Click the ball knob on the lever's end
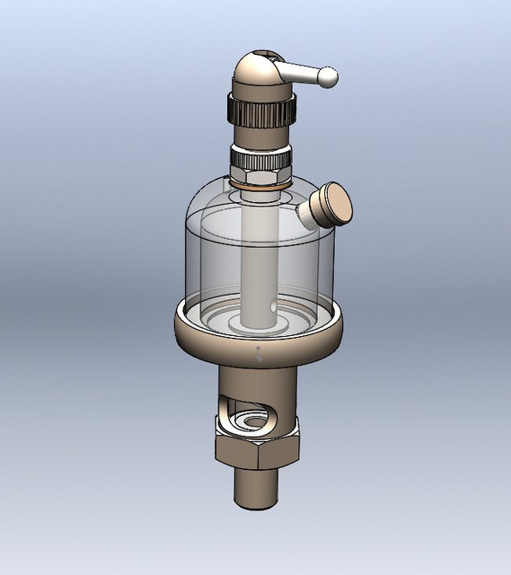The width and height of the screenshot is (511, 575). (329, 78)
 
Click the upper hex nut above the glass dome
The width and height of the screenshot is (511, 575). (259, 166)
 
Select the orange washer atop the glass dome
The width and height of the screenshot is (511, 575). (259, 184)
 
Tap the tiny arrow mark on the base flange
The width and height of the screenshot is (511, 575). (260, 353)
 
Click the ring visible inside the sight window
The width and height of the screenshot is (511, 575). (248, 420)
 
